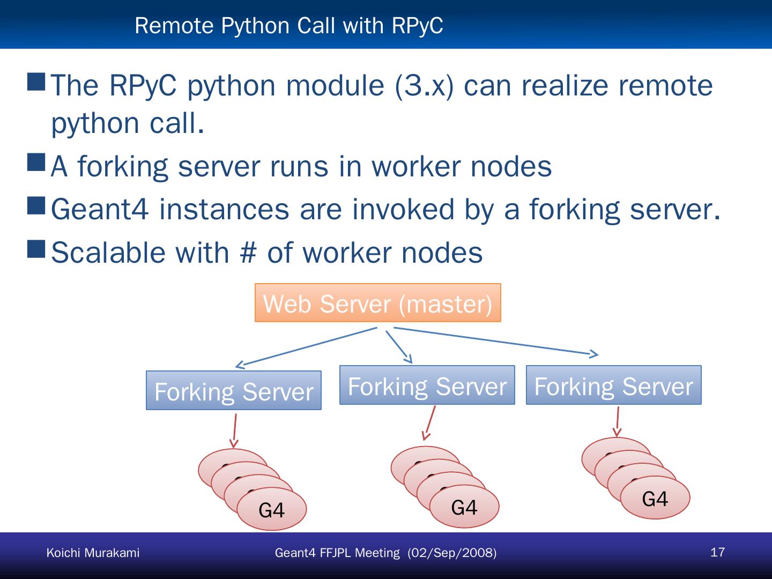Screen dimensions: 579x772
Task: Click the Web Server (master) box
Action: click(377, 303)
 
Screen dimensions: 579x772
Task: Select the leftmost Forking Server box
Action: click(233, 391)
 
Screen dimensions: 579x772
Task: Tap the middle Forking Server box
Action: click(427, 385)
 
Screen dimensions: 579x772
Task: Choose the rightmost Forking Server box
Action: click(613, 385)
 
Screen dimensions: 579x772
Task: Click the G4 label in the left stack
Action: click(271, 510)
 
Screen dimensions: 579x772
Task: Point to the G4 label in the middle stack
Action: click(464, 507)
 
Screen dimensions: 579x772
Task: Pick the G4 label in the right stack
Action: click(655, 499)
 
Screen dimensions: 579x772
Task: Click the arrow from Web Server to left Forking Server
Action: click(306, 347)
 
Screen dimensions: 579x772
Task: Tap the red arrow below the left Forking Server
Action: click(234, 431)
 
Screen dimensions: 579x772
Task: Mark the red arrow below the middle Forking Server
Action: click(428, 422)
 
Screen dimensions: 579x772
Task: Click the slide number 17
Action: click(717, 552)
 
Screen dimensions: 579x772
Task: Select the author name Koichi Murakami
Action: click(93, 553)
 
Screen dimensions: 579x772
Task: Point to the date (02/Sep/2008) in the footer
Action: click(452, 553)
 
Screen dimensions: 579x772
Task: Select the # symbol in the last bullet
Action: click(248, 253)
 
